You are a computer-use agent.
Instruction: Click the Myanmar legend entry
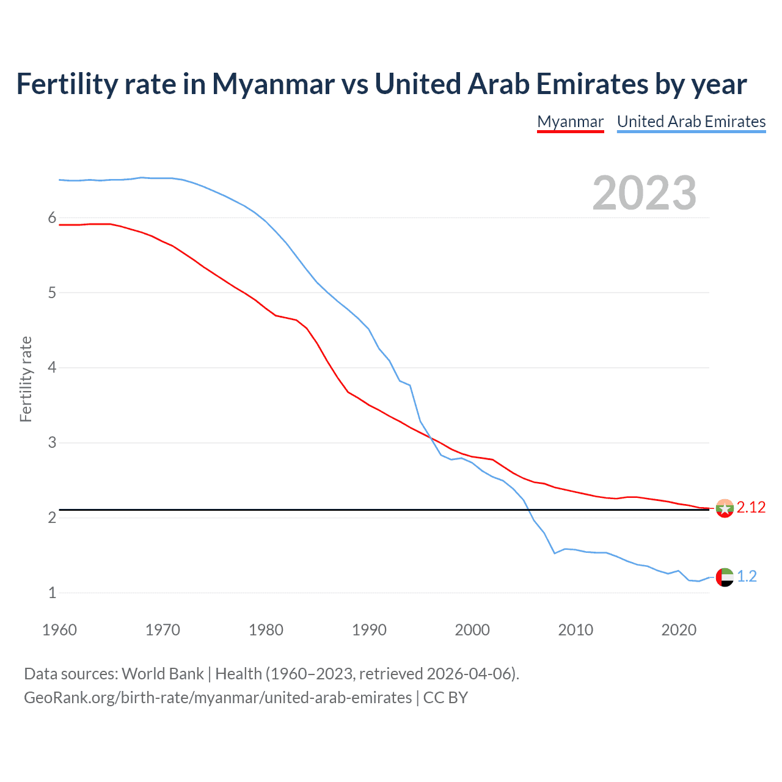point(570,122)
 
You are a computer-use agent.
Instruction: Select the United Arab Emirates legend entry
point(691,122)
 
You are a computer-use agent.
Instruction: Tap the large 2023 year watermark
point(644,193)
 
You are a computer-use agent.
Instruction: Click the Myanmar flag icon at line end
point(725,508)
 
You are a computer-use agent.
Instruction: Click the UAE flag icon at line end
point(725,577)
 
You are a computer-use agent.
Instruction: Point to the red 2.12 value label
point(751,508)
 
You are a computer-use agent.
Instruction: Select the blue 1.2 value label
point(747,577)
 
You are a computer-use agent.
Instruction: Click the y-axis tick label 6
point(52,218)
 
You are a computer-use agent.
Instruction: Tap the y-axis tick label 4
point(52,368)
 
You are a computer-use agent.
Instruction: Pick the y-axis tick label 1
point(52,593)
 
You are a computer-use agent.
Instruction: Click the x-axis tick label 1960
point(59,630)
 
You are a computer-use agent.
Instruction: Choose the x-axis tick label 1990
point(369,630)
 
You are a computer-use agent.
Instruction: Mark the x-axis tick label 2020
point(679,630)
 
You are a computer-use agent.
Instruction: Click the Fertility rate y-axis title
point(26,379)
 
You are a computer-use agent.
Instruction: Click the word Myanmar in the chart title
point(272,84)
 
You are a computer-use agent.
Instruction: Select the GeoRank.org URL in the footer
point(217,698)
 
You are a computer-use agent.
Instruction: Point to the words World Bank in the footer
point(163,674)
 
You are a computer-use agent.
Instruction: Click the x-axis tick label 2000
point(472,630)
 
